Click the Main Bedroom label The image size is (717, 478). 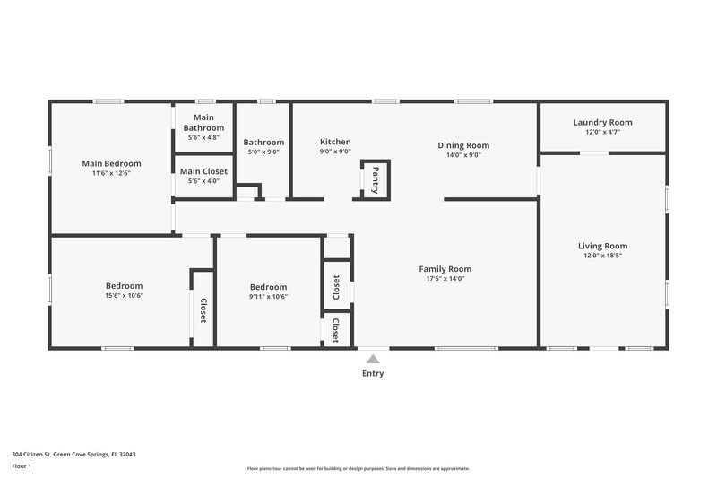tap(111, 163)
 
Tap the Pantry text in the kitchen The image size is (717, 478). tap(376, 178)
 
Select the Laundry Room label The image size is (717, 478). tap(602, 122)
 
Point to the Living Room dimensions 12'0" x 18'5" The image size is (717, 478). tap(602, 256)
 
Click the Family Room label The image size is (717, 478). tap(445, 268)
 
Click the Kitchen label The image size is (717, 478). tap(335, 142)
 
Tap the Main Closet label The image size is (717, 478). tap(203, 171)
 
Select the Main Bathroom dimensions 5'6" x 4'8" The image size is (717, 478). tap(203, 138)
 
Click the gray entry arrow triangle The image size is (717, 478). tap(373, 359)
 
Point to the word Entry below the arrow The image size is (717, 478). tap(373, 374)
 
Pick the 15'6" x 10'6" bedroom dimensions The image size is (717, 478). tap(124, 296)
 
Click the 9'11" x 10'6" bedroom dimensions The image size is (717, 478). tap(268, 296)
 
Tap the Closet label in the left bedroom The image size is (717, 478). tap(203, 309)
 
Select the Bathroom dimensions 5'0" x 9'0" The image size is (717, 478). tap(263, 152)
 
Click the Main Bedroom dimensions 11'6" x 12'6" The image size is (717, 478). tap(111, 173)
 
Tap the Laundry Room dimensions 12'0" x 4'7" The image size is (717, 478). tap(602, 132)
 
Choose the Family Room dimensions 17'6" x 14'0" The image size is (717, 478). tap(445, 278)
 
